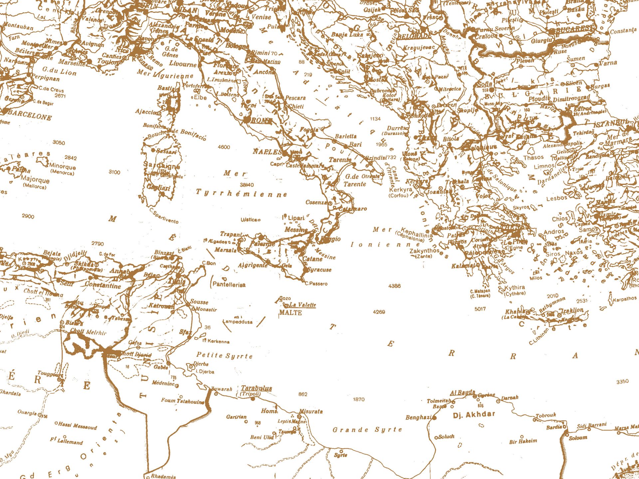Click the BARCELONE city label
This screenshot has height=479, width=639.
[30, 115]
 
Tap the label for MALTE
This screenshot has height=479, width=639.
[290, 313]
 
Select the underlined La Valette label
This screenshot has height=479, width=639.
[302, 305]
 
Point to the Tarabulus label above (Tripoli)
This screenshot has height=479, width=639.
[256, 388]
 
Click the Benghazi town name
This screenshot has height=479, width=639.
[418, 417]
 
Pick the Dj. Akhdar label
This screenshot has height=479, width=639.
[474, 414]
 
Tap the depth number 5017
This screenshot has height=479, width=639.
[480, 309]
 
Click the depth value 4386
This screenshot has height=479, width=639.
[394, 286]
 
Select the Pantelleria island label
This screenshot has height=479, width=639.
[229, 284]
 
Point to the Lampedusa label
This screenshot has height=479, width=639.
[238, 322]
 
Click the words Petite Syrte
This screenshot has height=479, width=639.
[224, 355]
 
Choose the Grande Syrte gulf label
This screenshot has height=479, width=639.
[367, 430]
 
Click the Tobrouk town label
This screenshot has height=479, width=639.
[545, 415]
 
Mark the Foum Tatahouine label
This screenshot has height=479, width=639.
[182, 401]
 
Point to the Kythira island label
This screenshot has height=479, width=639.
[515, 287]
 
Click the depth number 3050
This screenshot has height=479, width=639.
[59, 143]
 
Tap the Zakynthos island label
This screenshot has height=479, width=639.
[425, 250]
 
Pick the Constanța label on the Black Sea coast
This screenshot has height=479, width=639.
[623, 31]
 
